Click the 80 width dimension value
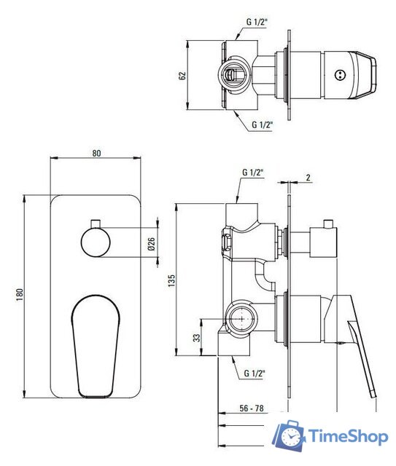(x=96, y=153)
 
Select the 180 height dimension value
(x=20, y=295)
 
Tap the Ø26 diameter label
(x=151, y=244)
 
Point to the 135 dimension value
(x=172, y=280)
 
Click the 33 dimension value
(x=197, y=338)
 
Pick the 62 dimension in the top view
(x=182, y=76)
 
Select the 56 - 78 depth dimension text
(x=252, y=408)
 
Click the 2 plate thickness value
(x=308, y=178)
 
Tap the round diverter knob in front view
(x=96, y=242)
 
